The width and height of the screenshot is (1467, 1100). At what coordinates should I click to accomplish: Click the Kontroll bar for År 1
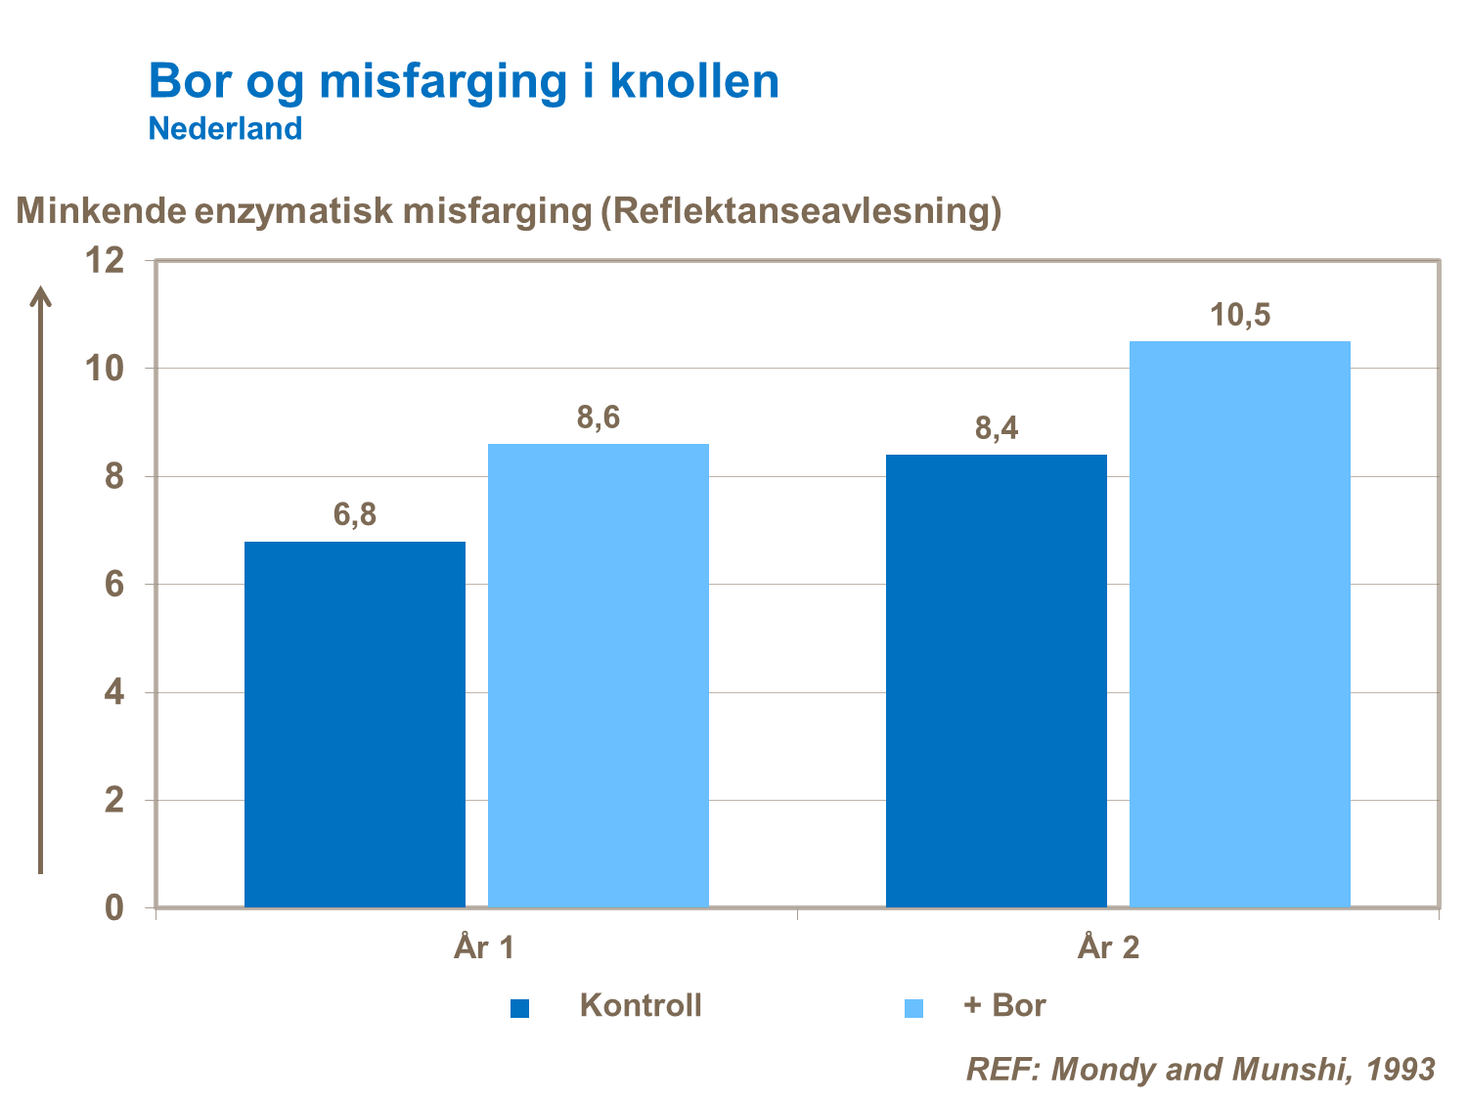point(355,724)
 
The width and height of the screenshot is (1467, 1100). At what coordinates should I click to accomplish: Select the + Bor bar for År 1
point(599,675)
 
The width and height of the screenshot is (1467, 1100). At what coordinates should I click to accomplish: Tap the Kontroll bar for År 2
point(997,681)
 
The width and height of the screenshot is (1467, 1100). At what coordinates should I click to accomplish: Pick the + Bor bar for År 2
point(1240,624)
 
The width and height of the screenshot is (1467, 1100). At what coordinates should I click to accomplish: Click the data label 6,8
point(355,514)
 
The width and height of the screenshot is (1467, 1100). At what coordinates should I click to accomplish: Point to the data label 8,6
point(599,418)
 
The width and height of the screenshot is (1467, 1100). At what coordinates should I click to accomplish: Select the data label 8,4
point(997,428)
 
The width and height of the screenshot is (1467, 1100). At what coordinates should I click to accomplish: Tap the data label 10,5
point(1240,316)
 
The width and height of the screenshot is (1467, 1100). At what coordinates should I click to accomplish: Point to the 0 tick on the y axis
point(114,908)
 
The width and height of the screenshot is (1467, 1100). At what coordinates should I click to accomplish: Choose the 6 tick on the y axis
point(114,585)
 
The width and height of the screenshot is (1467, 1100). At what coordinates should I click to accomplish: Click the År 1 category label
point(484,947)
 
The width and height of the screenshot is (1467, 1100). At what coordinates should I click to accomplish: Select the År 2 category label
point(1109,947)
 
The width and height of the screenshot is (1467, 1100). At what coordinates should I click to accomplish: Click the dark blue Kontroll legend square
point(520,1008)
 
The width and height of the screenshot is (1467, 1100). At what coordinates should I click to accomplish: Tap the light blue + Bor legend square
point(913,1008)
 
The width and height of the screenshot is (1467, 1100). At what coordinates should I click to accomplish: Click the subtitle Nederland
point(225,128)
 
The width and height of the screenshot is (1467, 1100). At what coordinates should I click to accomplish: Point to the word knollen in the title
point(694,81)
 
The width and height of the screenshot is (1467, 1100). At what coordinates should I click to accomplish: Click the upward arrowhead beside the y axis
point(40,296)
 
